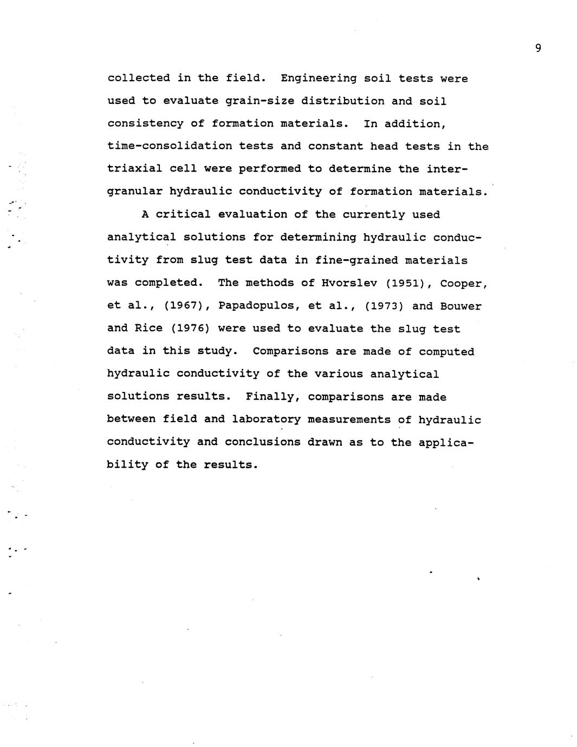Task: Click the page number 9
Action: (537, 49)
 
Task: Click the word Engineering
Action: (319, 78)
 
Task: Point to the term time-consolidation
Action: (170, 146)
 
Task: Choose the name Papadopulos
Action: (259, 306)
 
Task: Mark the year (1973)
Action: (384, 306)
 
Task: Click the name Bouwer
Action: (461, 306)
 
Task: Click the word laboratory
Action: (266, 420)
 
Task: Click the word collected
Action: (138, 78)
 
